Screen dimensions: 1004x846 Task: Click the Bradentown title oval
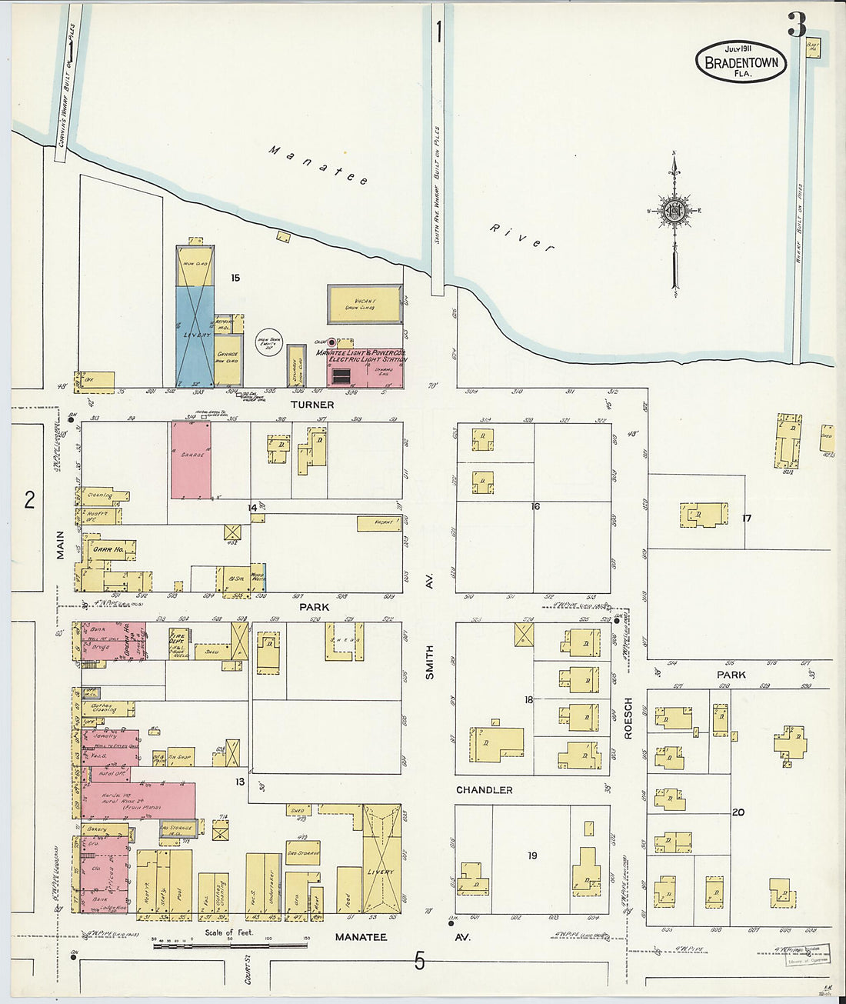coord(741,62)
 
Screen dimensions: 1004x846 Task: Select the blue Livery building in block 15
coord(195,335)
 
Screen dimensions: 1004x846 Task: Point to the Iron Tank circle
coord(270,343)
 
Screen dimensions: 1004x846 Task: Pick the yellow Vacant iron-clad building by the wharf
coord(365,304)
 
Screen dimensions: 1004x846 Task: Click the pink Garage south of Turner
coord(191,460)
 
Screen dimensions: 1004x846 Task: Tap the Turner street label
coord(312,405)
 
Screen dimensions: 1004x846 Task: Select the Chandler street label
coord(484,790)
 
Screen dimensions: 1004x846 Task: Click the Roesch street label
coord(628,718)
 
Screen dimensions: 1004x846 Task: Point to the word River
coord(522,238)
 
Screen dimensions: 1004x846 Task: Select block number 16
coord(535,506)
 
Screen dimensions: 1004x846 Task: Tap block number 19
coord(532,856)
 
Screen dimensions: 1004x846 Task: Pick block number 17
coord(746,518)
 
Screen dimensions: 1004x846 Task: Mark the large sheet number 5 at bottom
coord(419,961)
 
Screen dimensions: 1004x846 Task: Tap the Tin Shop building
coord(180,757)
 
